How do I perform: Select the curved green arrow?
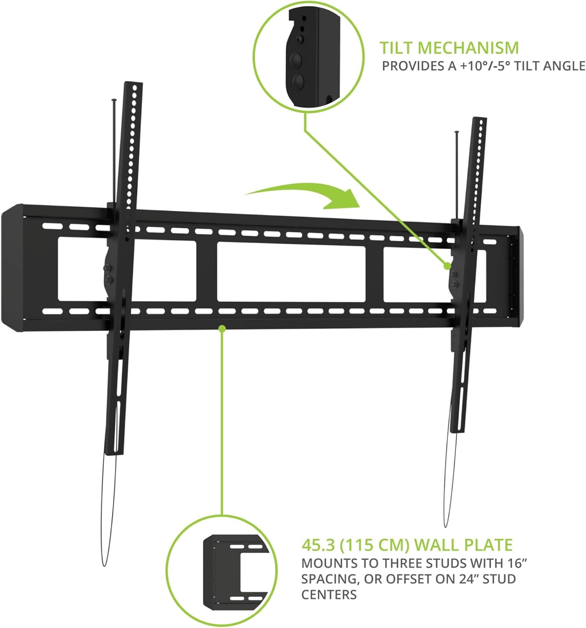[305, 195]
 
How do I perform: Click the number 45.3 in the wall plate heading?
[318, 545]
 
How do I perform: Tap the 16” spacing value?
[518, 564]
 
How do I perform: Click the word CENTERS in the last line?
[329, 595]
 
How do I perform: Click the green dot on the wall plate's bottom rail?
[222, 329]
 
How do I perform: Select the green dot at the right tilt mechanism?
[447, 265]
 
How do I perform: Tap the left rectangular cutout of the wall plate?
[84, 269]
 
